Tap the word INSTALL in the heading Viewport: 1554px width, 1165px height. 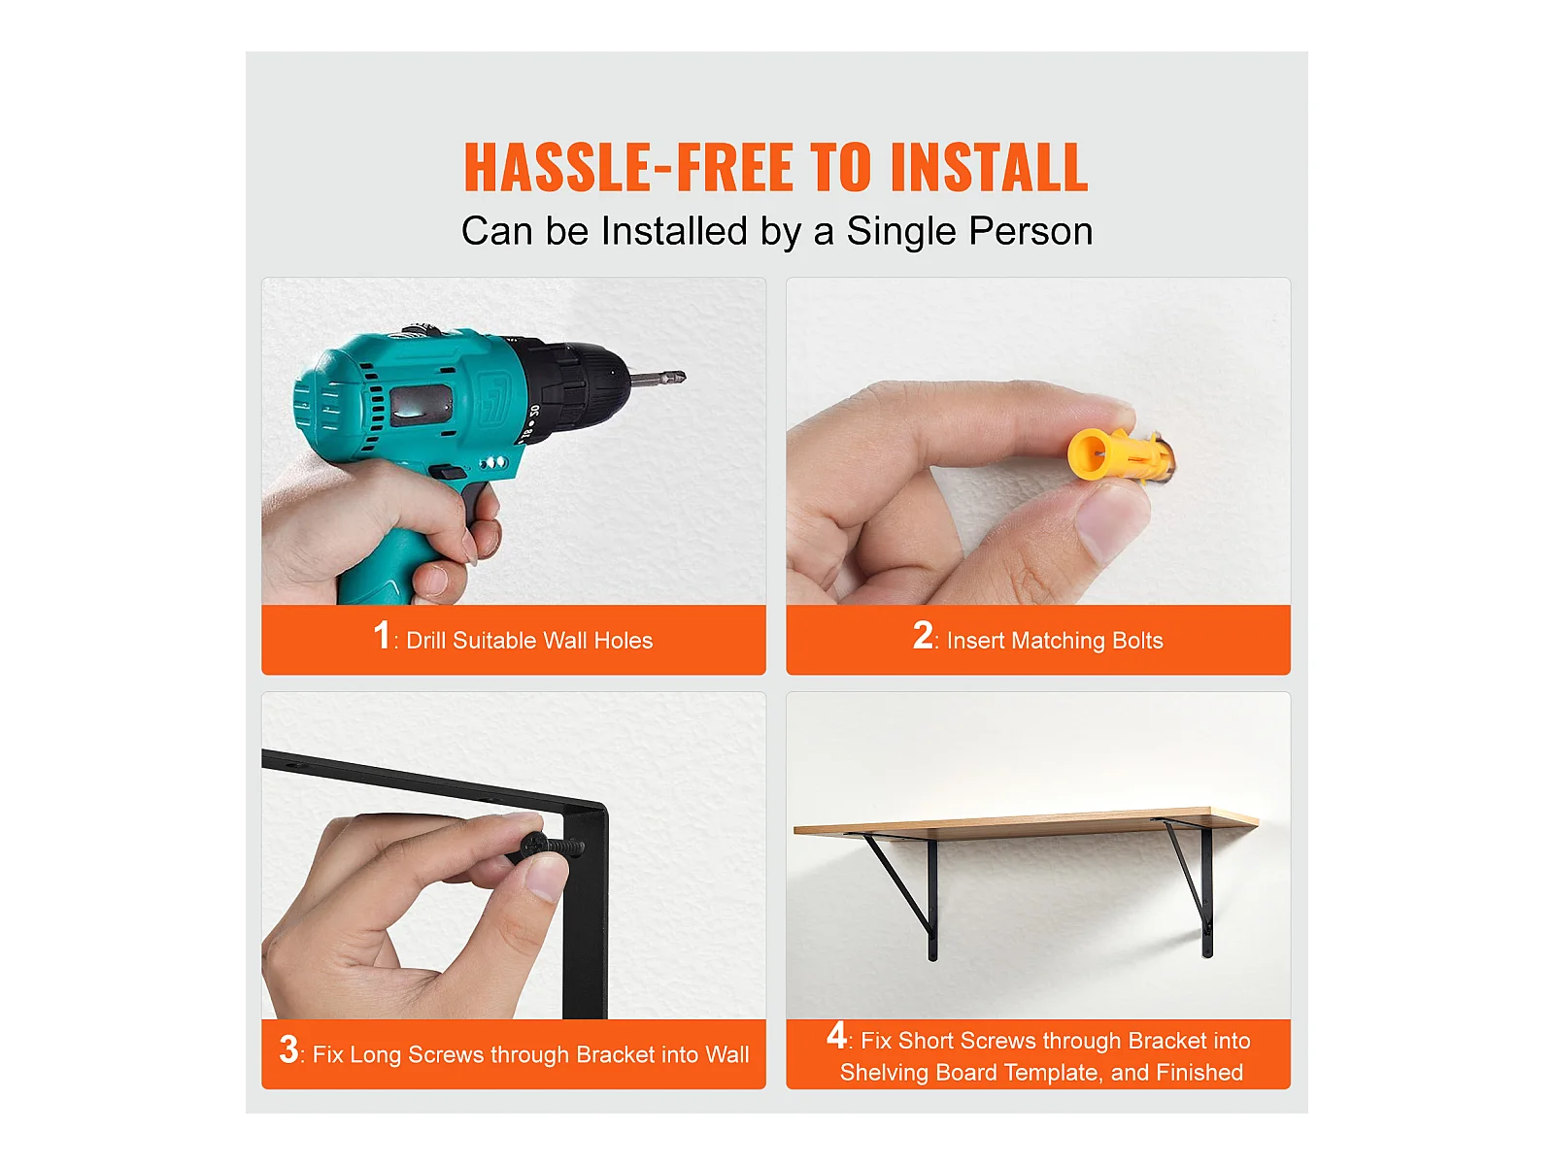(989, 167)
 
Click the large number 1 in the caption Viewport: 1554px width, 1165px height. (382, 635)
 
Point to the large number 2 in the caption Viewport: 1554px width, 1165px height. (923, 635)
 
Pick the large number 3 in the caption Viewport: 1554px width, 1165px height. (288, 1049)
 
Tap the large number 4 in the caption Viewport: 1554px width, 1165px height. (836, 1035)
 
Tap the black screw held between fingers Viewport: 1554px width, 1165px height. (552, 846)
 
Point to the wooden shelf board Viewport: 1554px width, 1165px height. (1026, 822)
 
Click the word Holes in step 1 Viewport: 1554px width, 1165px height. (623, 640)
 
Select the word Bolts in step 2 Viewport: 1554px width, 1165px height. (1137, 640)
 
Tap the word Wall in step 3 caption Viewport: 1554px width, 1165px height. (726, 1054)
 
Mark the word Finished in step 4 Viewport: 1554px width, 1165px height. (1199, 1073)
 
